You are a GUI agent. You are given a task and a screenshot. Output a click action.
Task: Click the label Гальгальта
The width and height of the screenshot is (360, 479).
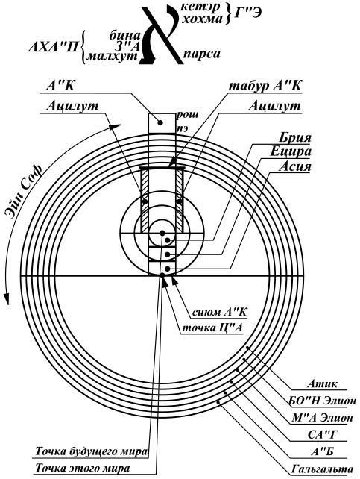click(323, 469)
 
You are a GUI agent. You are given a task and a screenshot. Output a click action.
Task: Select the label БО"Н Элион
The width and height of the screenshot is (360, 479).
click(323, 401)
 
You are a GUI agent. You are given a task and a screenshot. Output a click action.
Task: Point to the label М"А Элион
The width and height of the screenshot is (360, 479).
click(323, 417)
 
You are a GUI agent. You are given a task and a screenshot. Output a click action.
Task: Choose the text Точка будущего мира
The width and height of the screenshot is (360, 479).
click(91, 451)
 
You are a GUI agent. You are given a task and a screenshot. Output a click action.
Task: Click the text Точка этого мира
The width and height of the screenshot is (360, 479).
click(83, 468)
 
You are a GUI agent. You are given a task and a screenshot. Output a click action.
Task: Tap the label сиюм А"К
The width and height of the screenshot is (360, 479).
click(220, 312)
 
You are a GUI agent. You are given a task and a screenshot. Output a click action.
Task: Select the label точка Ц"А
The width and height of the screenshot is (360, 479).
click(212, 328)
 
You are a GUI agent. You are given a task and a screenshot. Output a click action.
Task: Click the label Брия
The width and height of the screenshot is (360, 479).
click(294, 137)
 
